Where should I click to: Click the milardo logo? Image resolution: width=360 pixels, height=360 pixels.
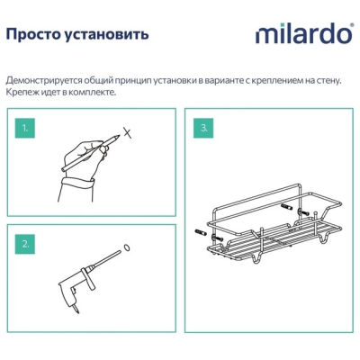(304, 34)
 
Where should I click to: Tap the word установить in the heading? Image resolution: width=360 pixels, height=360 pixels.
(106, 35)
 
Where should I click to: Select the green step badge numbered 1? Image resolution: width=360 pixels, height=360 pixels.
(25, 128)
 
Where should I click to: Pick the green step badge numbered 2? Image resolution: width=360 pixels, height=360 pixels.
(25, 244)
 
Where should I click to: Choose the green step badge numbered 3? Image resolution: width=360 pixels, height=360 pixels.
(203, 128)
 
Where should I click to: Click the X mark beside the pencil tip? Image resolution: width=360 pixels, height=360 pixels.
(129, 132)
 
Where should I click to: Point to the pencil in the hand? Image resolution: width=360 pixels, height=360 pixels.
(90, 153)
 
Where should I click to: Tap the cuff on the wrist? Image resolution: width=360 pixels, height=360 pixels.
(77, 183)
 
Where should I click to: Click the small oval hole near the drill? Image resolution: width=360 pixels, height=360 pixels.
(127, 248)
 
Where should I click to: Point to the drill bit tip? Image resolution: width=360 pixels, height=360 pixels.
(121, 252)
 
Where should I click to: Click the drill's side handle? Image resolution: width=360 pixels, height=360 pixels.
(90, 278)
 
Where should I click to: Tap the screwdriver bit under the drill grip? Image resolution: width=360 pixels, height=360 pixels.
(76, 310)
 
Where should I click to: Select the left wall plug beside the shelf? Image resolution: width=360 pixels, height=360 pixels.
(200, 232)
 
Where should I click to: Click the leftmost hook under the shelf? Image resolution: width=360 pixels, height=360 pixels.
(256, 257)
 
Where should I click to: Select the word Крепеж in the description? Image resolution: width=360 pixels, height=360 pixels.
(19, 92)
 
